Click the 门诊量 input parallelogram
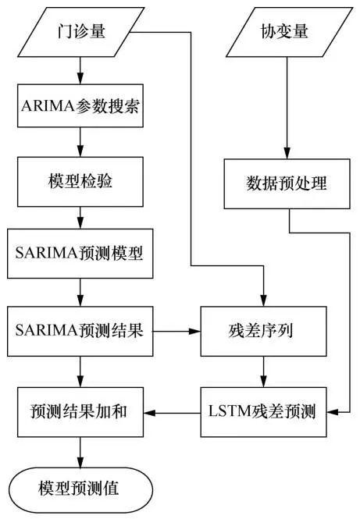tap(79, 33)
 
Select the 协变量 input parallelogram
tap(287, 33)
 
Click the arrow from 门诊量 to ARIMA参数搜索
tap(79, 69)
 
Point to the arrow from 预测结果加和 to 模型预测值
tap(79, 450)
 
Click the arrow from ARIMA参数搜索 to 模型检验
tap(79, 144)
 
